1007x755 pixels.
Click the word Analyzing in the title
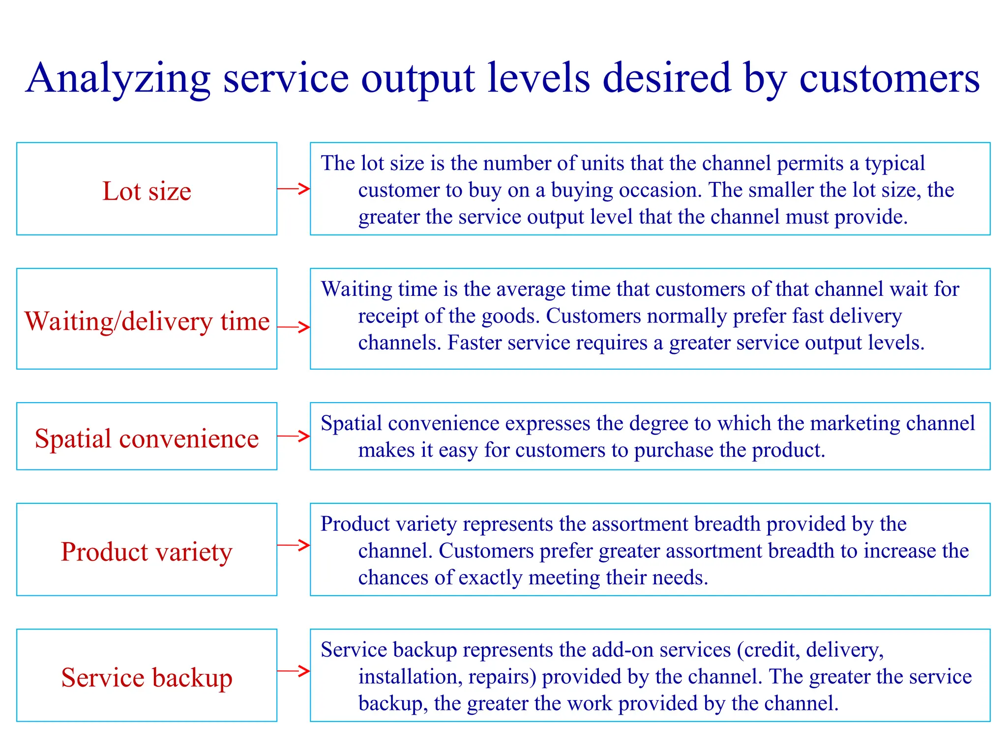coord(118,79)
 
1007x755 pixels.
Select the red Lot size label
coord(147,191)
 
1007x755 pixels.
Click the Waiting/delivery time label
coord(147,321)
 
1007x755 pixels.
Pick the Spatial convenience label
coord(147,438)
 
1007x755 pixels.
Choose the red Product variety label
coord(147,552)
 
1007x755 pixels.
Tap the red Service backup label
coord(147,677)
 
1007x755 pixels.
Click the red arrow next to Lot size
coord(294,188)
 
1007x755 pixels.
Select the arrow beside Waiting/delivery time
coord(294,327)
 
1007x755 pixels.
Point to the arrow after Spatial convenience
coord(294,436)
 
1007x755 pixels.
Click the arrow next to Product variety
coord(294,545)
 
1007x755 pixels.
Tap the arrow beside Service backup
coord(294,671)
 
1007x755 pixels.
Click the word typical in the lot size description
coord(895,164)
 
